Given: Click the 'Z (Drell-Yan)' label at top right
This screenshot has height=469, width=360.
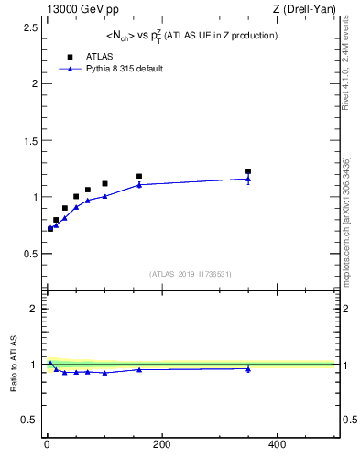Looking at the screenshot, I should pos(303,9).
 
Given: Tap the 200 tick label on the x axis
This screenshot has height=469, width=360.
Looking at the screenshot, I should pos(162,444).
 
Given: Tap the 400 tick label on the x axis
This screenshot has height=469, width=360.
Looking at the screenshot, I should pos(277,444).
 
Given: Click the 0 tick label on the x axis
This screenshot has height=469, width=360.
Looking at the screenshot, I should pos(47,444).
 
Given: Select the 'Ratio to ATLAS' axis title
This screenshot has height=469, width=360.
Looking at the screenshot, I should pos(14,365).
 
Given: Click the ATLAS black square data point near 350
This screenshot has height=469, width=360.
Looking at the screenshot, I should pos(248,171).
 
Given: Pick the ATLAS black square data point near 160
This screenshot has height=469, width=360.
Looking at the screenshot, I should pos(139,176).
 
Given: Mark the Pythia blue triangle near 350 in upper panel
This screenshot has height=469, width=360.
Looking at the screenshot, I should pos(248,179).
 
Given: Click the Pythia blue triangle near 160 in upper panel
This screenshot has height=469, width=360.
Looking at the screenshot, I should pos(139,185).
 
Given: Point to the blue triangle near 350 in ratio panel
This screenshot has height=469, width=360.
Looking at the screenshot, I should pos(248,368).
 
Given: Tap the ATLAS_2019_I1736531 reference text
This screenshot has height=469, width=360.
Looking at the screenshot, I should pos(191,274).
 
